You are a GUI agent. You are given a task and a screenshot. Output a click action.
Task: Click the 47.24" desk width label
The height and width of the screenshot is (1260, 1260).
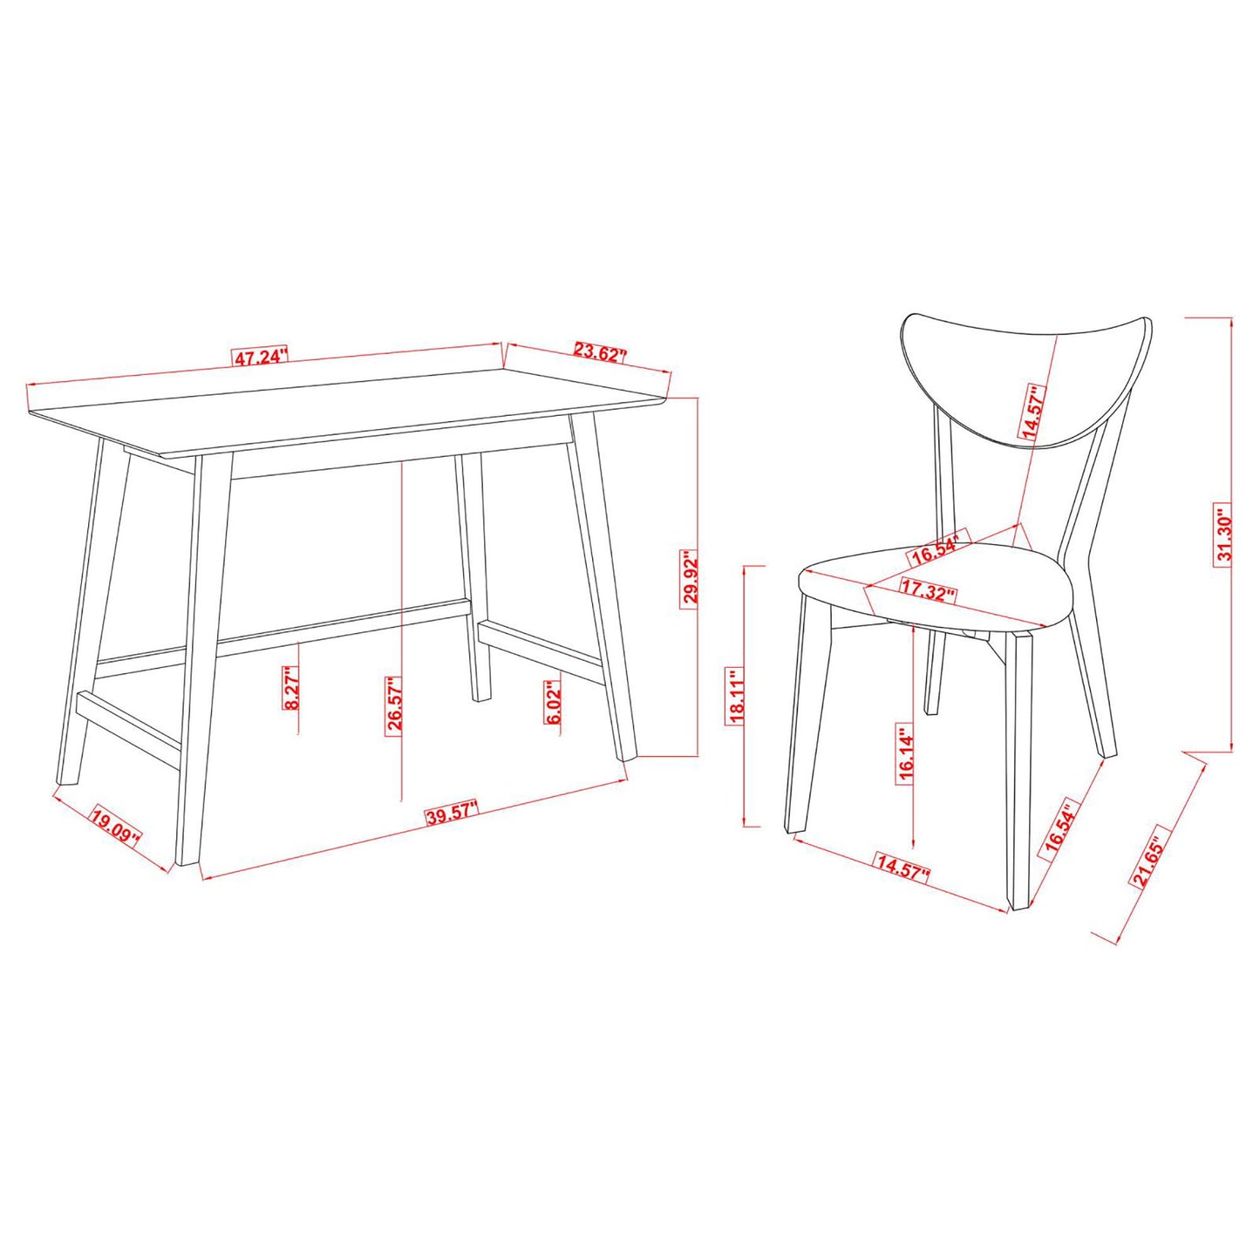point(259,356)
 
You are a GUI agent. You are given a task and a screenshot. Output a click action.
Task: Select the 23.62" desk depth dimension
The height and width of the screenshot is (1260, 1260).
point(601,353)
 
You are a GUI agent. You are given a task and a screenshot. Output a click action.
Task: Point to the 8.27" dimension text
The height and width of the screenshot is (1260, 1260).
point(292,688)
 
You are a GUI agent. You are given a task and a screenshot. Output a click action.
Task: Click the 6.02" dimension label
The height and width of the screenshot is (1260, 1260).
point(552,704)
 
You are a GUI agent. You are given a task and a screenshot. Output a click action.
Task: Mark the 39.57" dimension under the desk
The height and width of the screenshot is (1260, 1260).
point(453,815)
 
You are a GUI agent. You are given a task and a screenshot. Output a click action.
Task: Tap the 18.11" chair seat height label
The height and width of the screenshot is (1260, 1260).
point(737,697)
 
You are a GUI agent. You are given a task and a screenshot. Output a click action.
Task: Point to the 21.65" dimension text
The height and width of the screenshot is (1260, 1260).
point(1149,862)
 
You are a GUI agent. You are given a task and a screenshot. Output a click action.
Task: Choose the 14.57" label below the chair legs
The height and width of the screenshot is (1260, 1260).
point(903,868)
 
